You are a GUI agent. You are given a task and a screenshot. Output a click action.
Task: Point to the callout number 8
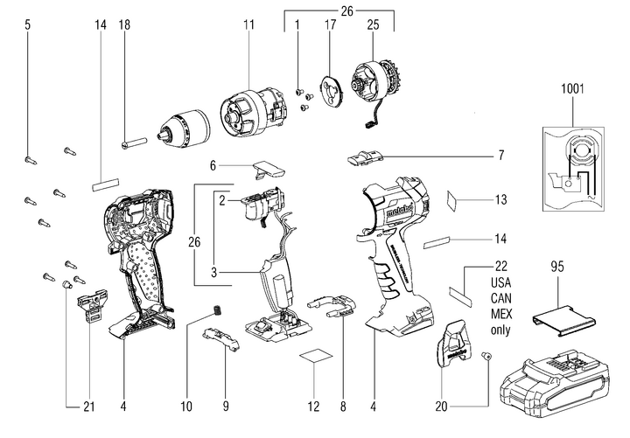[x=343, y=406]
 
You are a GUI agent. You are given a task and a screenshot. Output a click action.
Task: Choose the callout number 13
[x=500, y=199]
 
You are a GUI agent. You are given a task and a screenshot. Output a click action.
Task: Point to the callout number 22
[x=500, y=266]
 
